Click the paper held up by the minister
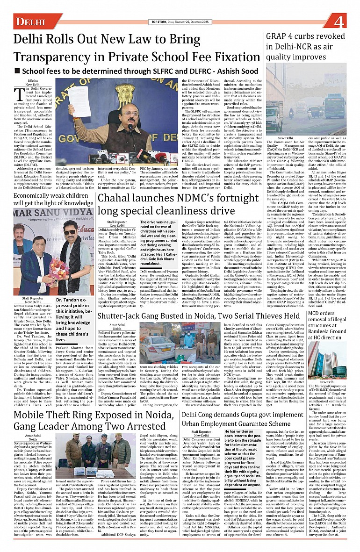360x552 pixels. (x=79, y=101)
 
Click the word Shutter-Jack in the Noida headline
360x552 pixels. (x=131, y=303)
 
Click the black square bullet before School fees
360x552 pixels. (x=17, y=72)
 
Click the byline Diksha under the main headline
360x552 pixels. (x=33, y=80)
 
